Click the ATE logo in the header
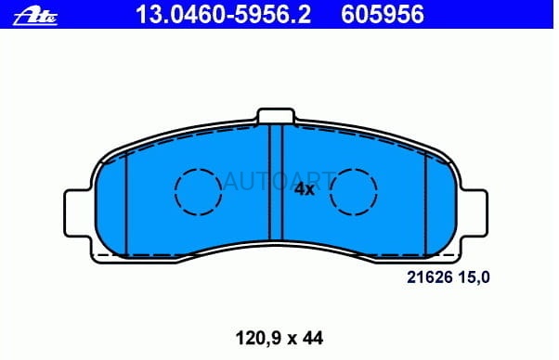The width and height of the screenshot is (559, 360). pyautogui.click(x=35, y=17)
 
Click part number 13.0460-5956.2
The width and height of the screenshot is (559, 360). pyautogui.click(x=223, y=15)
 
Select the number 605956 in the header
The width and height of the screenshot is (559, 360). pyautogui.click(x=383, y=15)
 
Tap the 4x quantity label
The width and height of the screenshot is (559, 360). pyautogui.click(x=304, y=189)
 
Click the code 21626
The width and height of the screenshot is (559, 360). pyautogui.click(x=430, y=277)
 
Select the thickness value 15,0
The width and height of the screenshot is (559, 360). pyautogui.click(x=474, y=277)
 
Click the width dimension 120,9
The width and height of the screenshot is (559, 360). pyautogui.click(x=259, y=338)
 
